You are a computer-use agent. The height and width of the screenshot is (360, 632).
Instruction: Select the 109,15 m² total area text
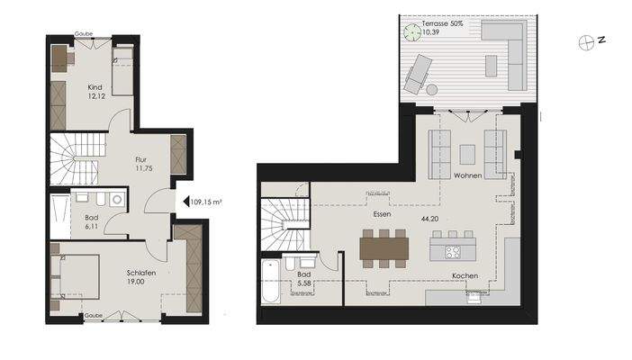click(x=206, y=202)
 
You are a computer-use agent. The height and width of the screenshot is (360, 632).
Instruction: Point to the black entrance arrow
click(x=184, y=202)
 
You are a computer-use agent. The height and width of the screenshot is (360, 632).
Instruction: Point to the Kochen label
click(x=465, y=275)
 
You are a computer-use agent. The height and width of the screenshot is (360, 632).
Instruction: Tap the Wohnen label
click(x=469, y=175)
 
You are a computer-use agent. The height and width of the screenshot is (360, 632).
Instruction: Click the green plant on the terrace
click(x=412, y=31)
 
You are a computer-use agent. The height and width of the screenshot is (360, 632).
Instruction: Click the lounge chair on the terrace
click(x=420, y=72)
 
